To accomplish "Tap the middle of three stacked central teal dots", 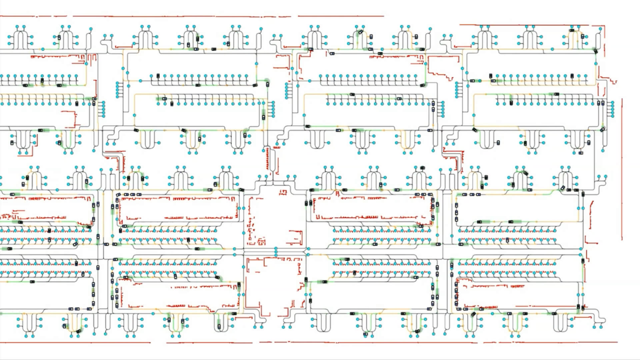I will tap(276, 252).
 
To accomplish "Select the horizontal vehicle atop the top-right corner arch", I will tap(572, 30).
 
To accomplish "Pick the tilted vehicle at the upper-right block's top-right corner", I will tap(595, 51).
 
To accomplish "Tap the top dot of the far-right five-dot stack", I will tap(613, 102).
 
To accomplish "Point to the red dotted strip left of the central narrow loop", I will tap(267, 160).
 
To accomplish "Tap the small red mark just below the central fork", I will tap(283, 192).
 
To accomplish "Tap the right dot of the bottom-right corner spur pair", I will tap(601, 327).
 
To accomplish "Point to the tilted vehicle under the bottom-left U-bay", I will tap(79, 331).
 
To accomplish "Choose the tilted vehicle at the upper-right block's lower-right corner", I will tap(602, 129).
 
